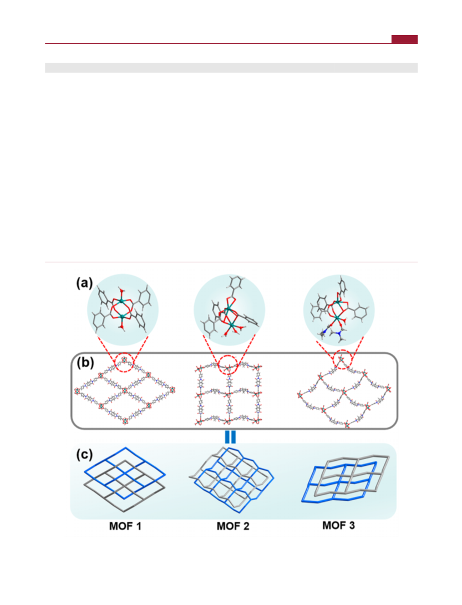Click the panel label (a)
[84, 283]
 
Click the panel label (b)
[85, 363]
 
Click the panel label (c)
[84, 454]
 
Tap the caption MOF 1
[125, 526]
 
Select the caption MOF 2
[233, 526]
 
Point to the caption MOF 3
[338, 525]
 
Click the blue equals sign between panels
[230, 437]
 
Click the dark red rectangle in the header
[404, 39]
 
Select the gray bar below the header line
[231, 68]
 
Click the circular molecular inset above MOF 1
[123, 310]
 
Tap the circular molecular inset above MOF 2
[229, 310]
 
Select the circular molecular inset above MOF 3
[339, 310]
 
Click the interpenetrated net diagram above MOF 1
[125, 480]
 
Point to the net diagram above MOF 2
[232, 480]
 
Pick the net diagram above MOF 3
[345, 480]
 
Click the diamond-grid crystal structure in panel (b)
[125, 391]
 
